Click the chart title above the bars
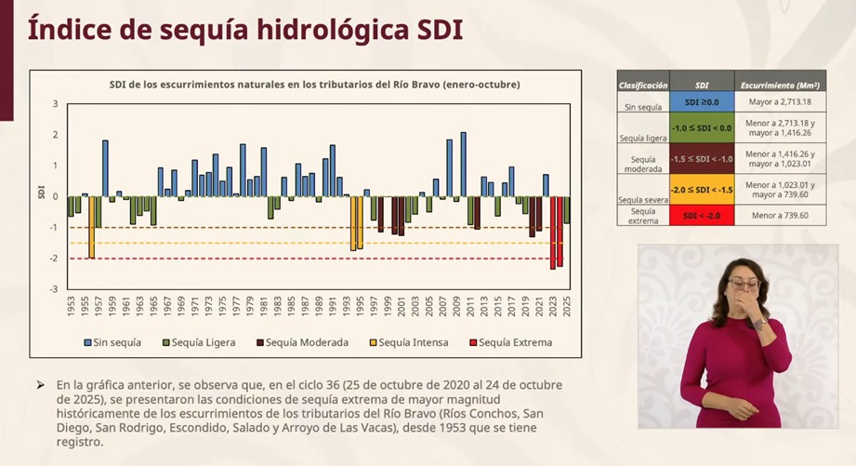coord(308,85)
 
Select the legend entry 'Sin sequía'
coord(113,342)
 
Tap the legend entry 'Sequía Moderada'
coord(302,342)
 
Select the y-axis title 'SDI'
coord(42,193)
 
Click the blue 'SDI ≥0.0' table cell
coord(702,101)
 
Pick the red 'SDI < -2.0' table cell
coord(702,215)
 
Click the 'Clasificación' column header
coord(643,85)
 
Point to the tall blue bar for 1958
coord(105,167)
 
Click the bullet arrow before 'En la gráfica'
coord(40,384)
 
